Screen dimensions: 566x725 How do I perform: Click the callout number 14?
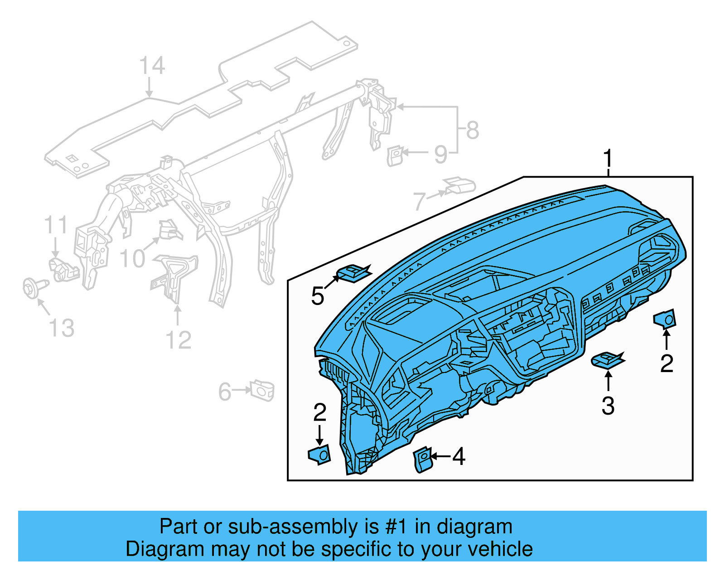(152, 66)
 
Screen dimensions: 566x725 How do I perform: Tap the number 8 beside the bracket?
(472, 131)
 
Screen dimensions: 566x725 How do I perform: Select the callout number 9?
(440, 155)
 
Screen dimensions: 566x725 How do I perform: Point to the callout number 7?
(420, 201)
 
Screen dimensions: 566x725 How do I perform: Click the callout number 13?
(62, 329)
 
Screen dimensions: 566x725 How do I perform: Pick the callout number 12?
(179, 340)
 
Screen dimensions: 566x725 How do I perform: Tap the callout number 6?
(225, 392)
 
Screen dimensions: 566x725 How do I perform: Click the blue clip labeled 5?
(353, 273)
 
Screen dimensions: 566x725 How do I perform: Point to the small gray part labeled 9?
(395, 155)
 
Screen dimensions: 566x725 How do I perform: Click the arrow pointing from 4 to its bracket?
(441, 456)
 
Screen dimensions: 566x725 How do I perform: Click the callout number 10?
(132, 259)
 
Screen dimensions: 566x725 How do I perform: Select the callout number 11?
(56, 225)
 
